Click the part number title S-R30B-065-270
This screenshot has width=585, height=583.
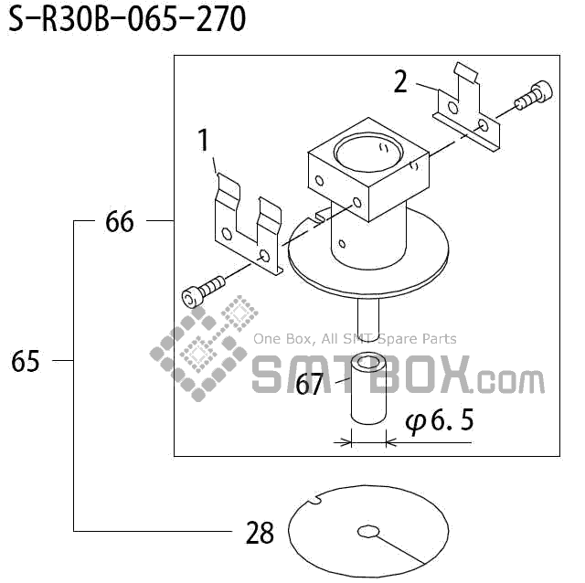coord(127,19)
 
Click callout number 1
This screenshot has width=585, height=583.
coord(204,142)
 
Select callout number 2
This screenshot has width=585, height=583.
coord(401,81)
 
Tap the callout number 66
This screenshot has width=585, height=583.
coord(120,221)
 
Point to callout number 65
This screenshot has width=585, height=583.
coord(26,362)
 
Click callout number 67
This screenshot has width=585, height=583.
coord(310,385)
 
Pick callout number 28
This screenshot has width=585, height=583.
coord(260,533)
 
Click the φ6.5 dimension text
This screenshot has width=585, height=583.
coord(440,421)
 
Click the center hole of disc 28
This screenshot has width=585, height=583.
coord(368,531)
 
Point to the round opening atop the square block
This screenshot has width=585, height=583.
coord(367,149)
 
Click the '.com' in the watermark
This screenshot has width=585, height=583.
coord(509,379)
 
